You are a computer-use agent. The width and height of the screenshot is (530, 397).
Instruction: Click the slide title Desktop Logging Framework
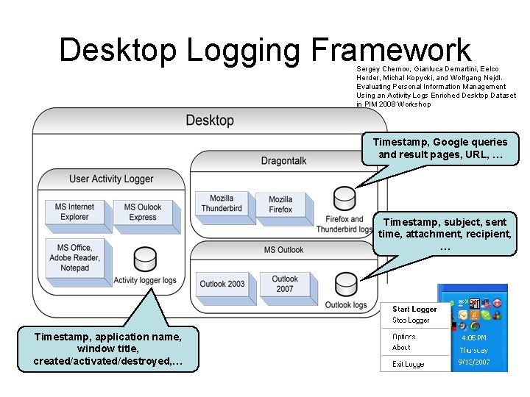pos(265,50)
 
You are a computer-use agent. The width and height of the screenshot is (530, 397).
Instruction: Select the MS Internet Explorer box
pos(75,212)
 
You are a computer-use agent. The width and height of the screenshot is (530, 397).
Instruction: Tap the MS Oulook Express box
pos(142,212)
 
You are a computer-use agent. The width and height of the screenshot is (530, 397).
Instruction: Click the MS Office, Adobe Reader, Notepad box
pos(75,258)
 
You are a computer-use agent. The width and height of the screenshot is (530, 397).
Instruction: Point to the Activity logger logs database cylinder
pos(145,260)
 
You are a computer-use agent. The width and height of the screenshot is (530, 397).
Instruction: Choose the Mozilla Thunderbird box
pos(222,204)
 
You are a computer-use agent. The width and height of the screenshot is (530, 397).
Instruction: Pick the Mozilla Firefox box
pos(280,204)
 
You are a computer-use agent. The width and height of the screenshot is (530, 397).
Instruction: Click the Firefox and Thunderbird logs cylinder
pos(344,198)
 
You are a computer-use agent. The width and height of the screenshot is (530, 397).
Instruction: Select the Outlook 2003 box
pos(222,284)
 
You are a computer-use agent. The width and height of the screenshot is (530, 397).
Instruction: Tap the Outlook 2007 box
pos(284,284)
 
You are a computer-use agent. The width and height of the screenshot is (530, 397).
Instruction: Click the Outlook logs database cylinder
pos(345,284)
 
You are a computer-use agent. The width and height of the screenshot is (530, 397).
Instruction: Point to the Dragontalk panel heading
pos(284,161)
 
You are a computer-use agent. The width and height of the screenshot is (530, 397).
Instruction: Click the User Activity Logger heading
pos(111,179)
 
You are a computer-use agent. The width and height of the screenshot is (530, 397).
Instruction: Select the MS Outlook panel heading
pos(284,250)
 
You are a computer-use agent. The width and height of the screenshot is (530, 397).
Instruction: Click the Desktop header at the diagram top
pos(210,121)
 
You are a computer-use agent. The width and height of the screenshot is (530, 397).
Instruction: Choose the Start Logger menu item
pos(414,310)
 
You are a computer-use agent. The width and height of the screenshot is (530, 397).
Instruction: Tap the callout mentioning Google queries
pos(439,148)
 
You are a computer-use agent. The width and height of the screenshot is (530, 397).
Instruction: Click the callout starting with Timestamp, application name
pos(107,348)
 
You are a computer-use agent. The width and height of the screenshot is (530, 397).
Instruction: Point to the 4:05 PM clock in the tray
pos(472,338)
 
